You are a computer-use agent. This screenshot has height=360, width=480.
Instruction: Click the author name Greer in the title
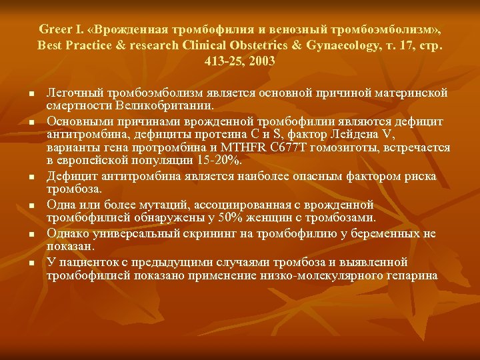[53, 30]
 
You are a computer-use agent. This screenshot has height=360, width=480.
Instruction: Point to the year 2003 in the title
[261, 61]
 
